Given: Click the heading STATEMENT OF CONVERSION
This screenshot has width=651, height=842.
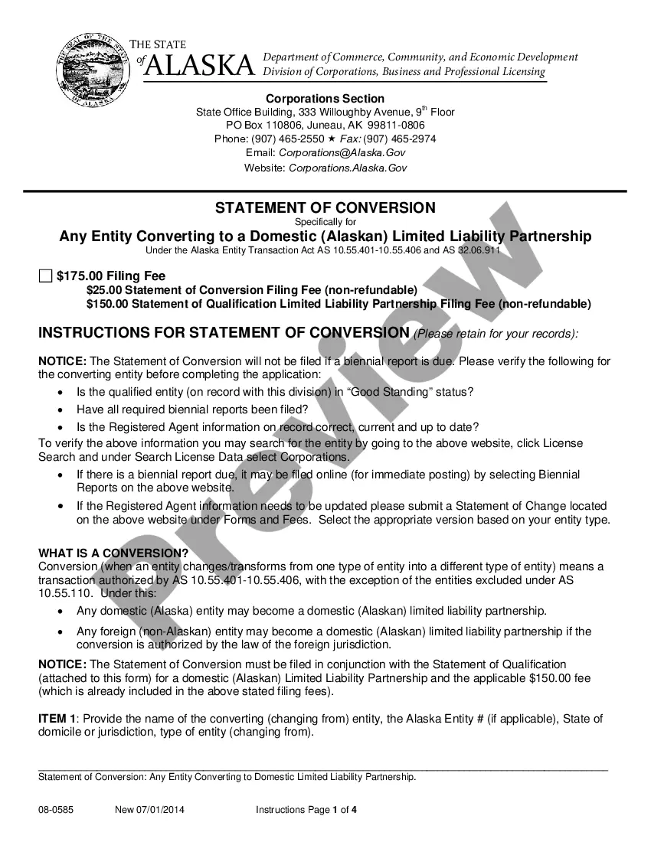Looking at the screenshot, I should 325,207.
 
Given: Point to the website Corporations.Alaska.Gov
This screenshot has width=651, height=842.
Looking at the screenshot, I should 348,168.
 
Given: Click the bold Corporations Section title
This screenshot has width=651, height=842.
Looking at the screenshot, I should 325,99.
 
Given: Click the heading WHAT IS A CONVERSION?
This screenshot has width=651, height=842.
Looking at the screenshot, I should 113,553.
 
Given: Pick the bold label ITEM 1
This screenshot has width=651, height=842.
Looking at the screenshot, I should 57,719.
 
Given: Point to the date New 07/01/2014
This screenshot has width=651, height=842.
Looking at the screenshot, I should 149,809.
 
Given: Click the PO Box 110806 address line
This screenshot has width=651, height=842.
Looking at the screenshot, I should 325,125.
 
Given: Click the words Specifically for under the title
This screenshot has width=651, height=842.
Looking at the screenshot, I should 325,222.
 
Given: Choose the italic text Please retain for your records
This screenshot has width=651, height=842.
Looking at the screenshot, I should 496,334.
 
